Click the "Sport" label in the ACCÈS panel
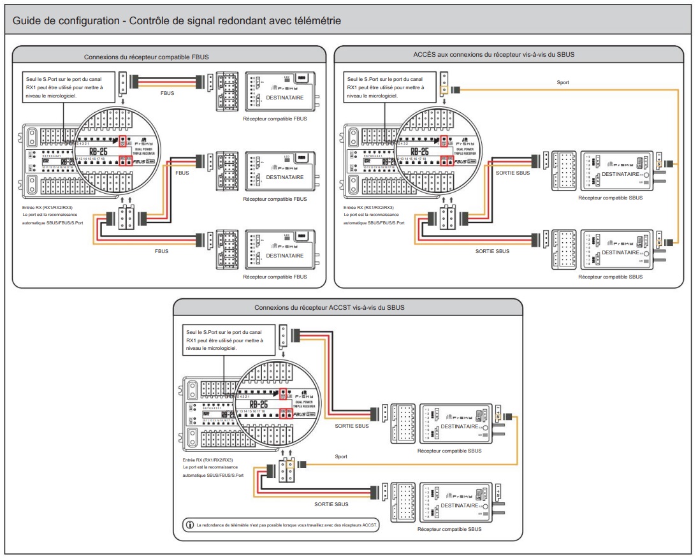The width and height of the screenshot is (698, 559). click(x=563, y=83)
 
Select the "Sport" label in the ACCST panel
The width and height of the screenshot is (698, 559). click(x=341, y=456)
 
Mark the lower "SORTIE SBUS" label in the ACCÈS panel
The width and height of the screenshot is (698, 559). click(x=492, y=252)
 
